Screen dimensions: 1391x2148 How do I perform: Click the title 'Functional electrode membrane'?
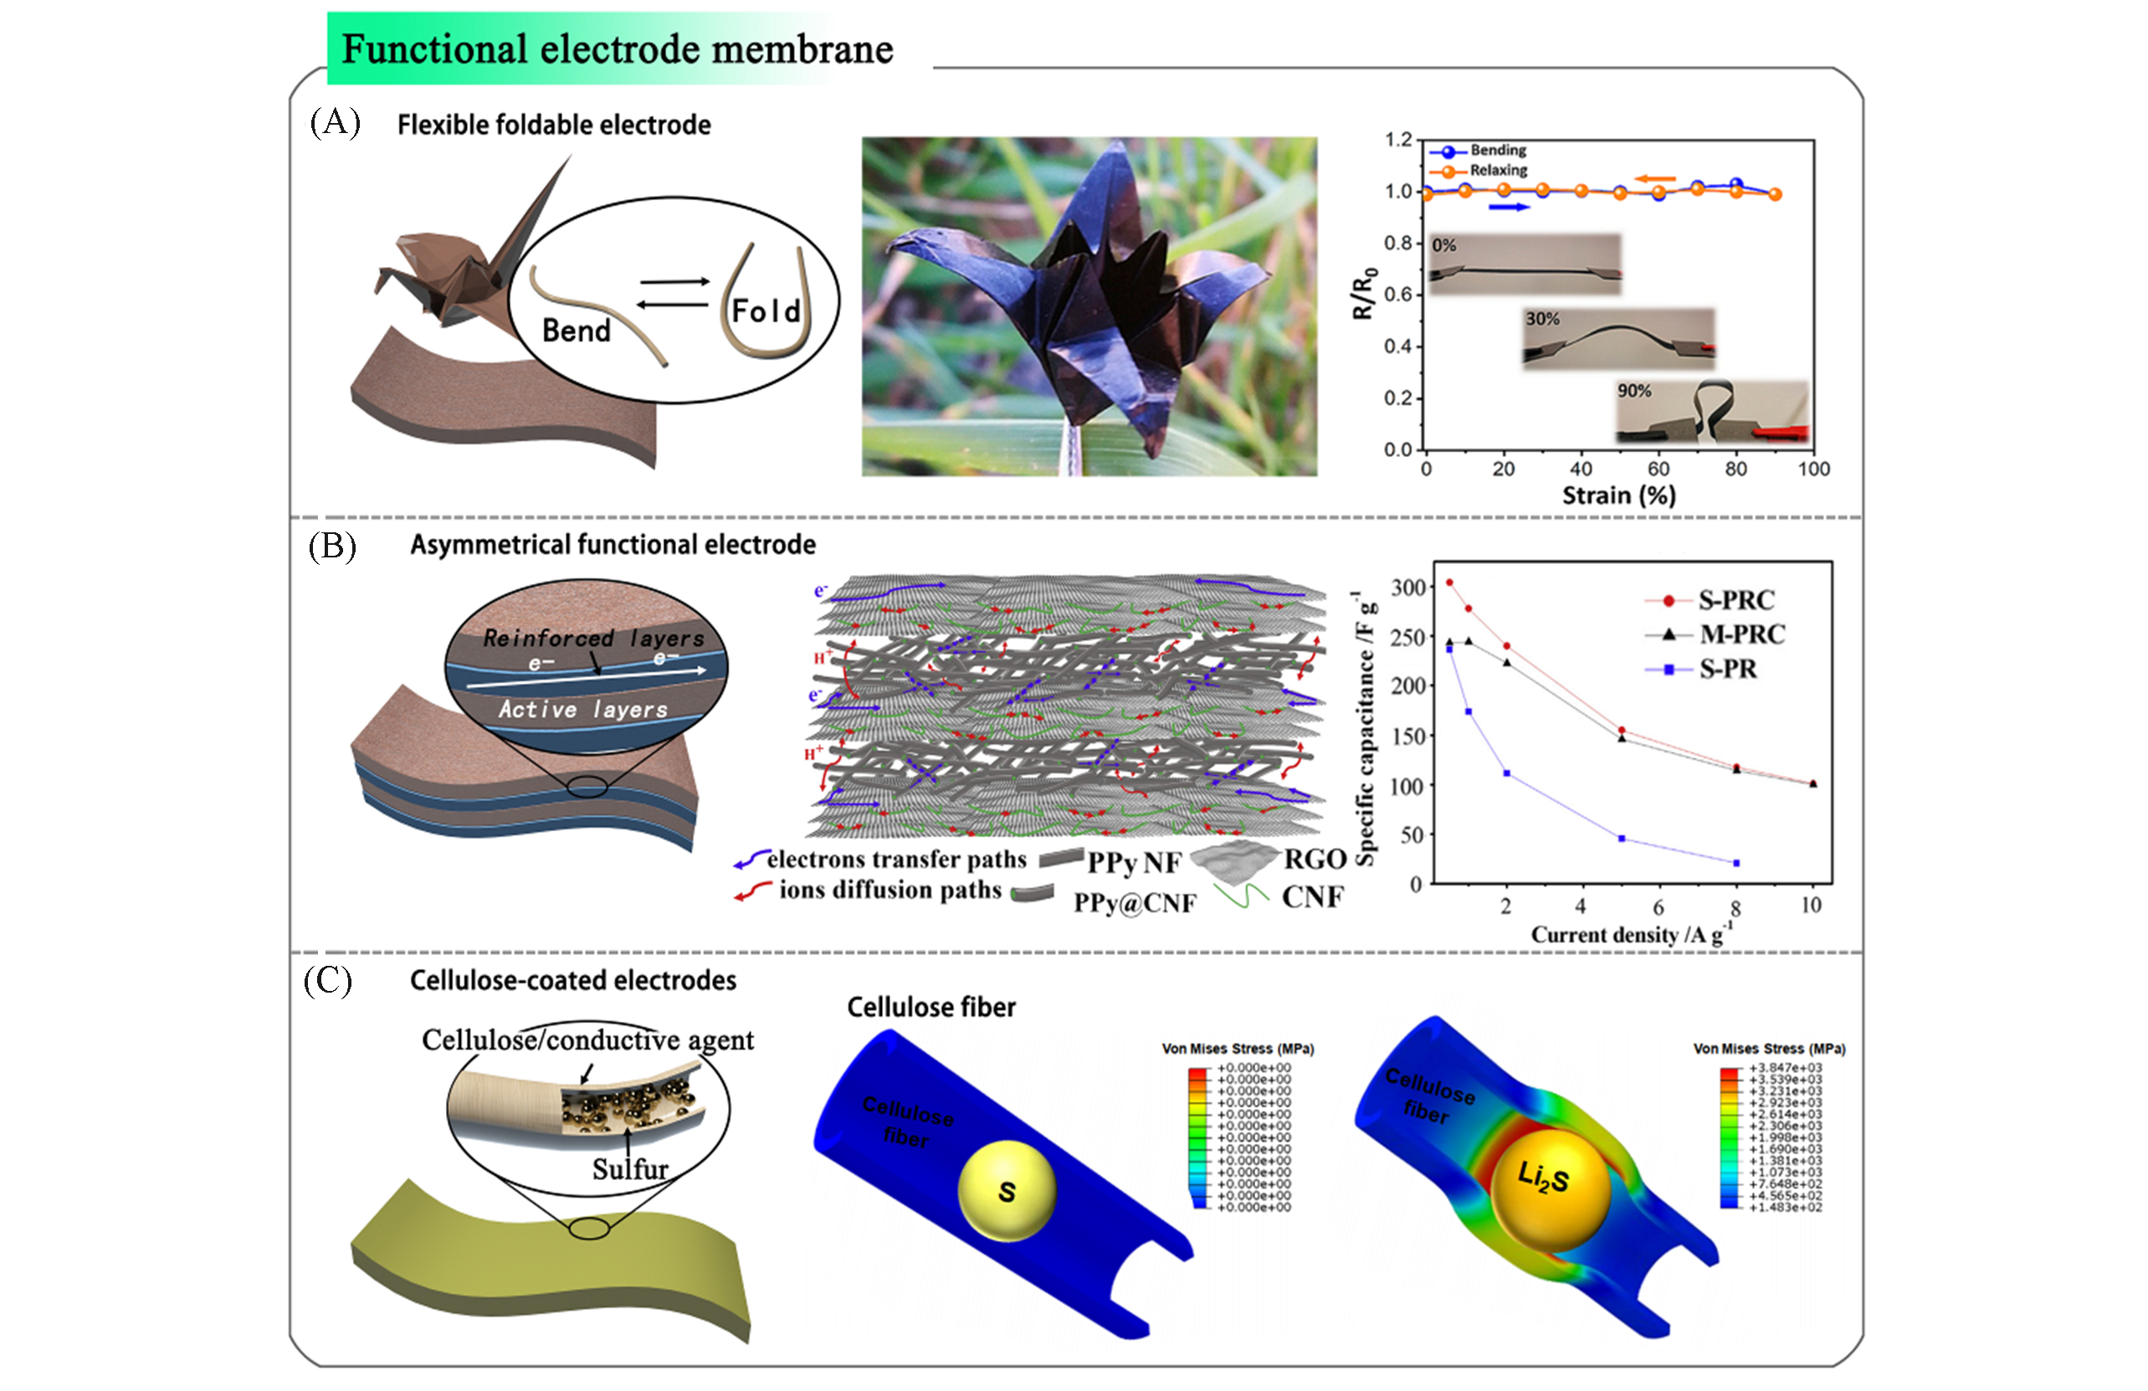pos(618,49)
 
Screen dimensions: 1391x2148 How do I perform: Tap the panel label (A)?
pos(335,121)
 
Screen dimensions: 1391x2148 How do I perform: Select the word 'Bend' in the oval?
pos(576,331)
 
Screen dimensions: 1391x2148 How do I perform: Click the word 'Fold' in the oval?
pos(766,311)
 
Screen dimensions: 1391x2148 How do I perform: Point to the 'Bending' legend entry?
pos(1497,150)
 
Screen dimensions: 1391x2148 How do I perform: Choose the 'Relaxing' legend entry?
pos(1498,170)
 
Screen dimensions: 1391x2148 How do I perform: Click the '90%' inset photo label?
pos(1633,391)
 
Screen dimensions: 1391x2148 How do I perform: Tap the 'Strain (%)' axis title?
pos(1618,495)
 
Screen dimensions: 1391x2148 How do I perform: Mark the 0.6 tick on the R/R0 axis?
pos(1398,295)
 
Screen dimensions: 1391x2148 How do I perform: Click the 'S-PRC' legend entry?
pos(1735,600)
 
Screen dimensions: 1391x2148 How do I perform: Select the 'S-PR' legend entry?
pos(1727,669)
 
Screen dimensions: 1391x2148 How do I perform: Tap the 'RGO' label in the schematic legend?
pos(1314,859)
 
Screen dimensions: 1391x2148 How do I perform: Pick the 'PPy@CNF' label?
pos(1135,903)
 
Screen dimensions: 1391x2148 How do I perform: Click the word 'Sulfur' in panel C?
pos(630,1168)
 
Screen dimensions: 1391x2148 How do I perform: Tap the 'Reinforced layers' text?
pos(593,639)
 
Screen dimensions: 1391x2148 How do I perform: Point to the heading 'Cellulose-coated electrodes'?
pos(573,980)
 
